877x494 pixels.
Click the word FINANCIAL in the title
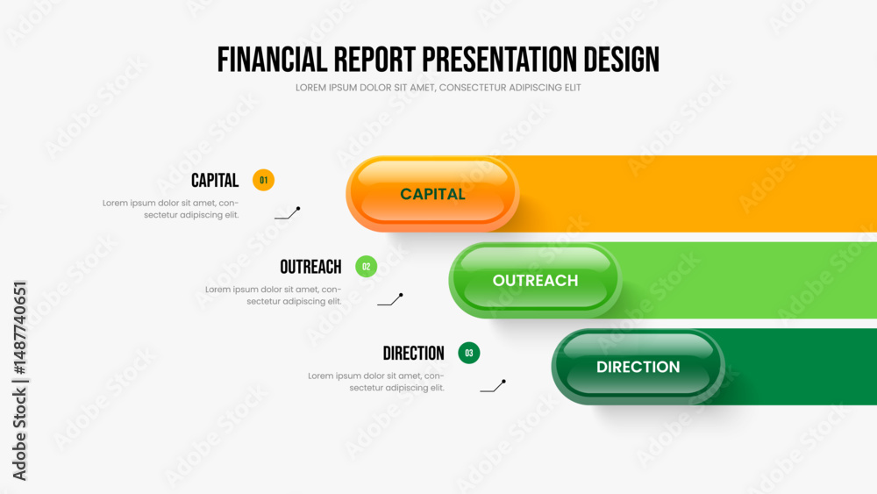coord(272,60)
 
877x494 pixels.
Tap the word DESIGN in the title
coord(622,60)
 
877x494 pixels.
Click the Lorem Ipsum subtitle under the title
coord(438,88)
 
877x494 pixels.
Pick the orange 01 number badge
coord(263,180)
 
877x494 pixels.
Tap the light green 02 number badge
coord(367,266)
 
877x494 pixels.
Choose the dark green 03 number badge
coord(468,353)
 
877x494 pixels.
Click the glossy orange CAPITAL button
coord(432,194)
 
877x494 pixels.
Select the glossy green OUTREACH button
coord(535,280)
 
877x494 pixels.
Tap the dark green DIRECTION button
coord(638,367)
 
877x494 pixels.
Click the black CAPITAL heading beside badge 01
coord(215,181)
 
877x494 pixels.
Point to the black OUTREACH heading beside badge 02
coord(310,267)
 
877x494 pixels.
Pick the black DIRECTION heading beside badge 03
coord(413,354)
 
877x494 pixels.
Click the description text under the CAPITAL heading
coord(171,209)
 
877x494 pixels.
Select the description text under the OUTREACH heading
coord(273,296)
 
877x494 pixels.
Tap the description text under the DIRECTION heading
coord(376,382)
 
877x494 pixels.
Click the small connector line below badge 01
coord(289,215)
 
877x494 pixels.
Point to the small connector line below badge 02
coord(391,301)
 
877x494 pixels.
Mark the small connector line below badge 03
coord(494,387)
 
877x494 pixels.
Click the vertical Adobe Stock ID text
coord(19,381)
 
